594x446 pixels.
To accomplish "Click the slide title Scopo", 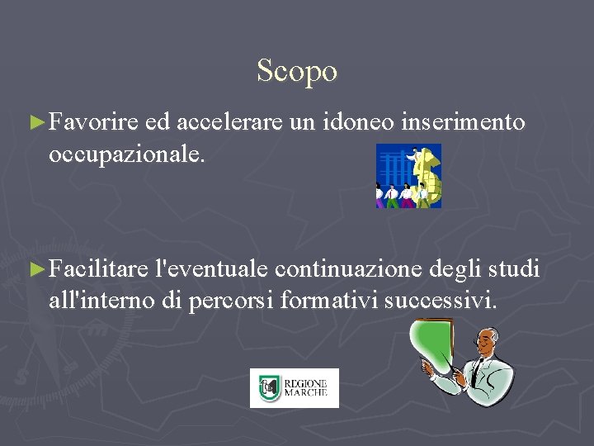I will [x=297, y=71].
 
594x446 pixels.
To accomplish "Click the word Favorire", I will [x=92, y=123].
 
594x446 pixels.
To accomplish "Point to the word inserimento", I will [x=463, y=123].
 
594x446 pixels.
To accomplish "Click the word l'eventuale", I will [x=216, y=269].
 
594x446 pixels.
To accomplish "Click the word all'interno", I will [x=101, y=301].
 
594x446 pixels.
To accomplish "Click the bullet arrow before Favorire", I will [x=35, y=123].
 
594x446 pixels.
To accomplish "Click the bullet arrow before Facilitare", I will [x=35, y=269].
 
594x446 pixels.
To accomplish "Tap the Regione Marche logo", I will [x=295, y=388].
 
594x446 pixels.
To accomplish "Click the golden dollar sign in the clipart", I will [x=427, y=175].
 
